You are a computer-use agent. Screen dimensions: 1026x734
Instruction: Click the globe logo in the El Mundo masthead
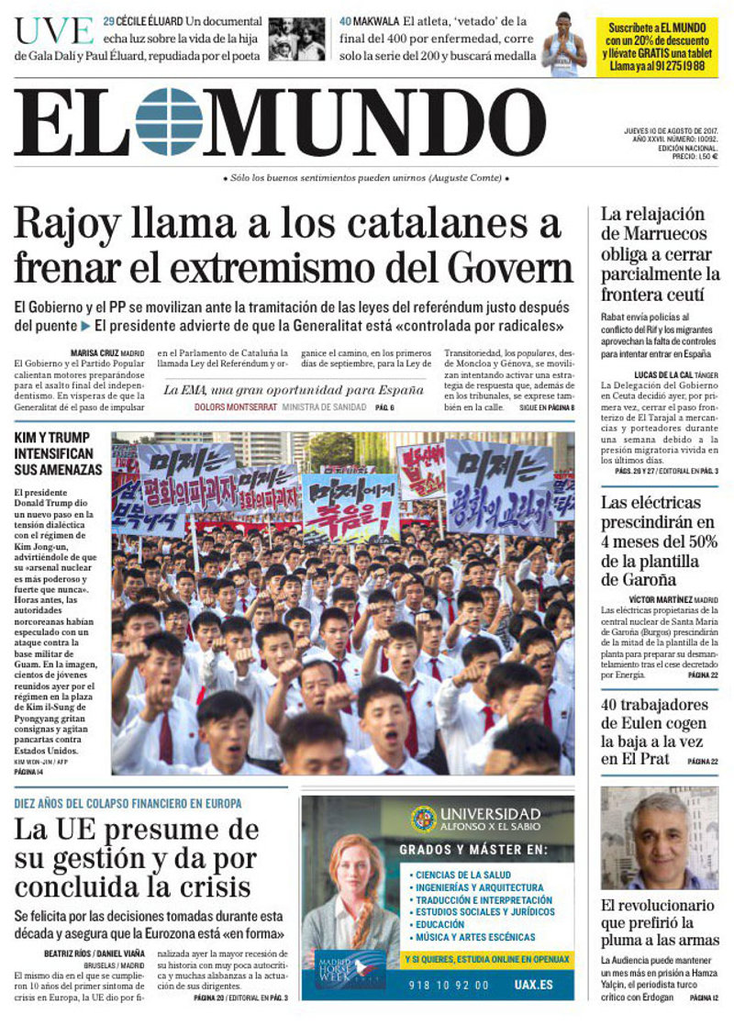point(169,121)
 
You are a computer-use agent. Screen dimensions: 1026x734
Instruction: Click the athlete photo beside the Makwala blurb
point(563,42)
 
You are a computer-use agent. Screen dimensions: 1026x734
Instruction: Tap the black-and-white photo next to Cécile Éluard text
point(296,39)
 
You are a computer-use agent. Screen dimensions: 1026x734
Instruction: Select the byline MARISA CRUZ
point(94,352)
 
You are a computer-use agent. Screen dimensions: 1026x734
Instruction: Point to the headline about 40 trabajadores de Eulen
point(654,731)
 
